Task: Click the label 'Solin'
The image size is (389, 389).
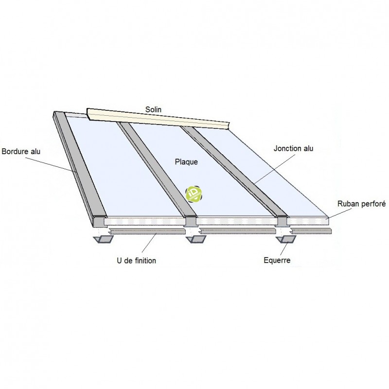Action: click(154, 109)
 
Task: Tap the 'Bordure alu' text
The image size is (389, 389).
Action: click(21, 151)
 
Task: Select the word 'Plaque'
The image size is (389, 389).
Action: click(186, 162)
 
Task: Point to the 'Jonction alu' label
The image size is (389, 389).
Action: click(294, 149)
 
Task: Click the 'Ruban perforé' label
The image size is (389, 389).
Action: click(361, 205)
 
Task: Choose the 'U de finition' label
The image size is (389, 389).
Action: click(137, 261)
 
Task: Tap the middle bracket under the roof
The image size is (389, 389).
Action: click(195, 239)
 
